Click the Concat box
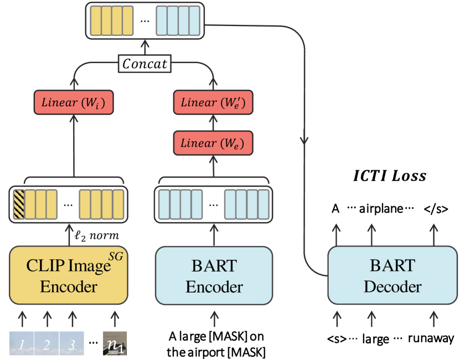pyautogui.click(x=144, y=64)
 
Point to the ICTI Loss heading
pyautogui.click(x=390, y=176)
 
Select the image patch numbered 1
pyautogui.click(x=20, y=343)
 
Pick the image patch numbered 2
pyautogui.click(x=46, y=343)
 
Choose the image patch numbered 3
pyautogui.click(x=72, y=343)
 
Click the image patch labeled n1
pyautogui.click(x=115, y=343)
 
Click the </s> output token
pyautogui.click(x=436, y=210)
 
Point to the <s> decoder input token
pyautogui.click(x=335, y=338)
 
